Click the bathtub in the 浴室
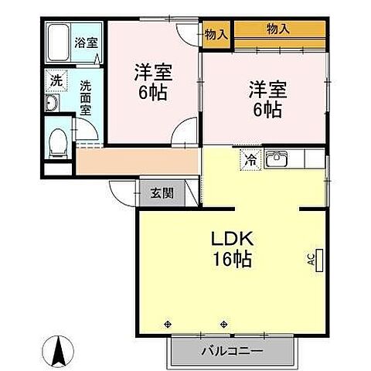[x=59, y=43]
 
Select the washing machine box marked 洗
[x=56, y=80]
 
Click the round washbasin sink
[x=53, y=104]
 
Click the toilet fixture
[x=56, y=141]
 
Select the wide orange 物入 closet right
[x=278, y=29]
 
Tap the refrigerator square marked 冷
[x=251, y=160]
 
